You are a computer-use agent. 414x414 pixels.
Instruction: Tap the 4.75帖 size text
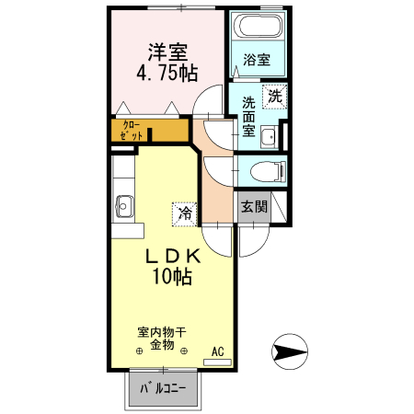point(167,75)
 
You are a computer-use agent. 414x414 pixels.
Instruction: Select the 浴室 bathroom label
point(257,61)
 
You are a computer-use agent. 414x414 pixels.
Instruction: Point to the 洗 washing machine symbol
point(274,96)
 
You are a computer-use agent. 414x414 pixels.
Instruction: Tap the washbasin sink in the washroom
point(269,138)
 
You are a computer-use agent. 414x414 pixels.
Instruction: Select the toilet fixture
point(268,170)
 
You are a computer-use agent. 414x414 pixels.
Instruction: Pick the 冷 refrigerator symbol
point(184,213)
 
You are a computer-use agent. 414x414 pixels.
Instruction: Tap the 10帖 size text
point(172,277)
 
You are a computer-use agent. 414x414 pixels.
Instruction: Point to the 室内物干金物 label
point(162,337)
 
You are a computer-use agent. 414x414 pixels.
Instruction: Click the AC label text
point(217,351)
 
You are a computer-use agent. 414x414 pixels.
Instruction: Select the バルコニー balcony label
point(163,388)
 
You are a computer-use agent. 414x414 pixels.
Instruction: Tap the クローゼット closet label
point(132,131)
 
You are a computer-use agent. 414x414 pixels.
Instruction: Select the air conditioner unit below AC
point(217,363)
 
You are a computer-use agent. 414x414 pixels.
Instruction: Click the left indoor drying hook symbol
point(140,351)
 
